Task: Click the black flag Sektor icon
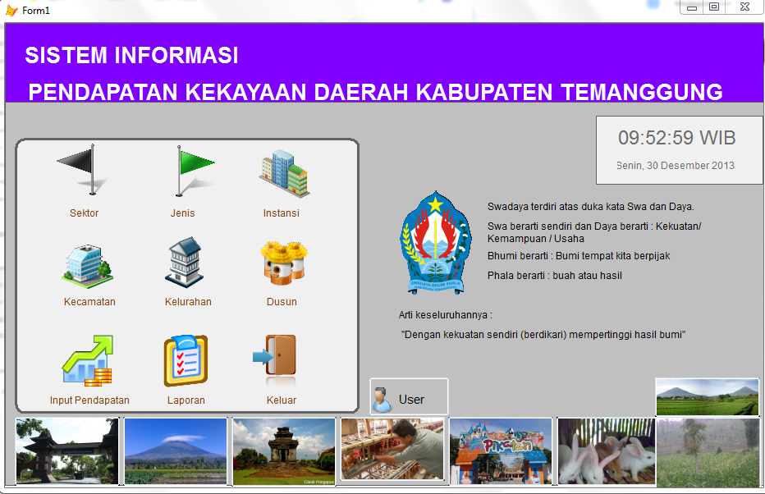pos(85,171)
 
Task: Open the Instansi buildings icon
pos(283,172)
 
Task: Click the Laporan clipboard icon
pos(186,361)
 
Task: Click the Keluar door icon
pos(277,358)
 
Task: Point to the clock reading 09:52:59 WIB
pos(677,137)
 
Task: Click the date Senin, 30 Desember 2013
pos(676,165)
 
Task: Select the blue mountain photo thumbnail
pos(175,451)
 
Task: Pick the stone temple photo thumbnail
pos(284,451)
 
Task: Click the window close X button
pos(744,7)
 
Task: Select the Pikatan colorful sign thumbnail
pos(500,451)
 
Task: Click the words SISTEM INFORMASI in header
pos(131,56)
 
